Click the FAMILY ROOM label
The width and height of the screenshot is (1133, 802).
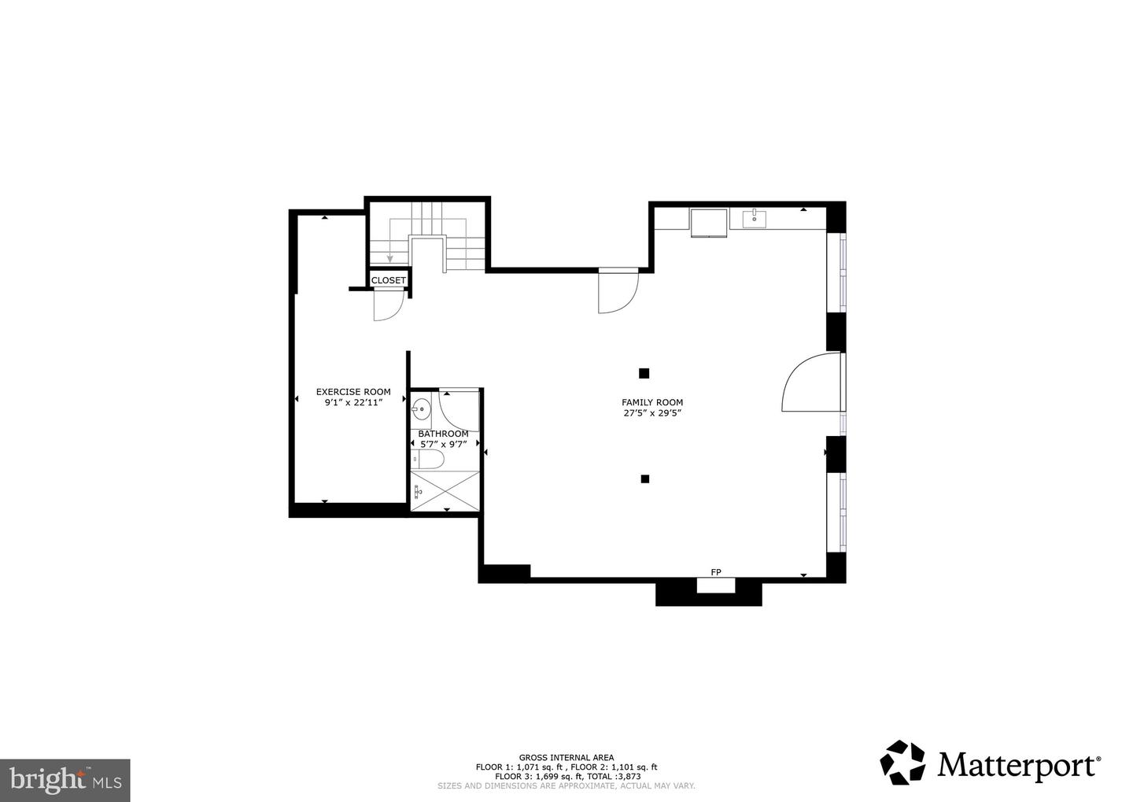(652, 402)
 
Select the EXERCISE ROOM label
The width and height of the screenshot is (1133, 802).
(353, 392)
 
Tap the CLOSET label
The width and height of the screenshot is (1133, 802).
(389, 280)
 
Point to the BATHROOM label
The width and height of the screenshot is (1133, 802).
(443, 434)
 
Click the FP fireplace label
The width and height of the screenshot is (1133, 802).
(716, 572)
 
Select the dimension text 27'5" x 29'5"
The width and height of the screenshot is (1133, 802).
(652, 412)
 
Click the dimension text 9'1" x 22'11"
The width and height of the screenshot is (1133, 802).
(353, 402)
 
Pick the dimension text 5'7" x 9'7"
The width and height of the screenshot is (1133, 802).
(443, 444)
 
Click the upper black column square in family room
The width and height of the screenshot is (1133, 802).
(644, 373)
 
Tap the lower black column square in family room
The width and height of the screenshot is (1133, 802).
(644, 479)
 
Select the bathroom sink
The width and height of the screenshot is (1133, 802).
(421, 408)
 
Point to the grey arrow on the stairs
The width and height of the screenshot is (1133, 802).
(389, 257)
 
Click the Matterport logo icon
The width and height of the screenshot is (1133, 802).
(902, 763)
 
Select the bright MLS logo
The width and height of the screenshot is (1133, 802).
(65, 780)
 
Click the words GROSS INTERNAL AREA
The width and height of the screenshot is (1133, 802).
(566, 757)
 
